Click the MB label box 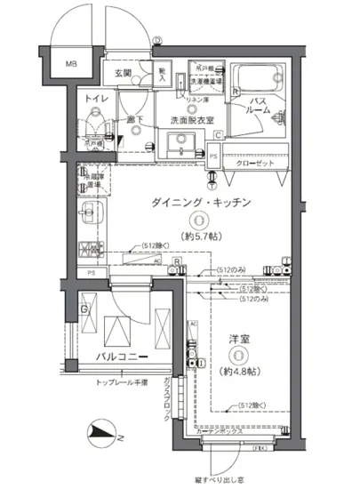click(72, 64)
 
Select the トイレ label click(95, 101)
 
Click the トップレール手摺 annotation click(121, 382)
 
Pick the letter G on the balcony click(84, 309)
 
